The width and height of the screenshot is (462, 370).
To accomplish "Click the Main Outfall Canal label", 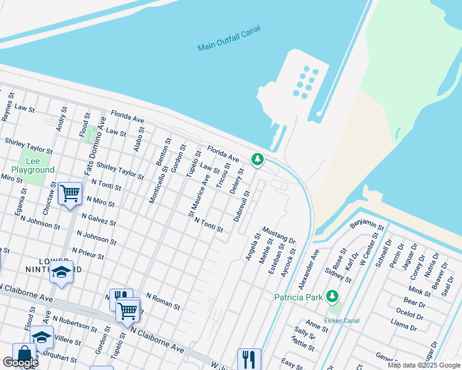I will (229, 38).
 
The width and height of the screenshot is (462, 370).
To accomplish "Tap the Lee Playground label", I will (33, 165).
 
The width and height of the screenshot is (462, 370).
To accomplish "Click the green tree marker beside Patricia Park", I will (333, 297).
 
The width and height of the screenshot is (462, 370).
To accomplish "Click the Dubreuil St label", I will (241, 206).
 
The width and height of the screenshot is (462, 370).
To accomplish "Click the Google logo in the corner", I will (20, 363).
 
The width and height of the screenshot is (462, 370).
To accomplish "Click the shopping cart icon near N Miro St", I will (70, 193).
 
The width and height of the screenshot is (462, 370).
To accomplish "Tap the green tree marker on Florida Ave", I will (258, 159).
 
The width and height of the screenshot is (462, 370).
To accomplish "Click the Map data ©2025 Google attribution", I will (424, 365).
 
